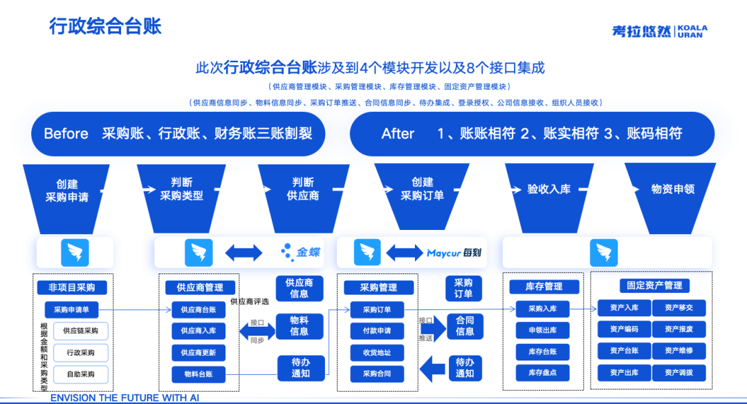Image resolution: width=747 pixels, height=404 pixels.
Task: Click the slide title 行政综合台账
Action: [x=105, y=26]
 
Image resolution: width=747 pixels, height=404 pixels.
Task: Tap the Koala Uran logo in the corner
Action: [x=659, y=31]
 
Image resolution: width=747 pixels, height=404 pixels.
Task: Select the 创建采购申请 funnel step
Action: [x=67, y=190]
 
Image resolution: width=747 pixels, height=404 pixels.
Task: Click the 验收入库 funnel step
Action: [x=548, y=189]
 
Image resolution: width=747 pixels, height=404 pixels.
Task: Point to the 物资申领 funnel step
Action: [x=672, y=189]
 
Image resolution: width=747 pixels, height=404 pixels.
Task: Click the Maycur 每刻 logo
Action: [x=454, y=253]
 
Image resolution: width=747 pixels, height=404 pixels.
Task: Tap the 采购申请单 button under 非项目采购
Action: [x=76, y=309]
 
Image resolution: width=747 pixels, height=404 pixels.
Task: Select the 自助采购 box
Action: [x=81, y=374]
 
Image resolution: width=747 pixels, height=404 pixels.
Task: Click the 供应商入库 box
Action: [x=199, y=331]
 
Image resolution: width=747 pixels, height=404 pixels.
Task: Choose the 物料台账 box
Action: [x=199, y=374]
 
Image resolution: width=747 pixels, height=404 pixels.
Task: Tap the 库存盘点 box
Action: [x=542, y=373]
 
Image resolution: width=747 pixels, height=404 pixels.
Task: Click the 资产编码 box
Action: [x=623, y=329]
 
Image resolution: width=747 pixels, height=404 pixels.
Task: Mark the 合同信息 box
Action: [x=465, y=326]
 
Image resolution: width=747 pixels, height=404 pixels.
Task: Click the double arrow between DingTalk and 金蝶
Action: [x=243, y=253]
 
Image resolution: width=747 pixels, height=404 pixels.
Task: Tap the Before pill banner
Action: [x=178, y=133]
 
